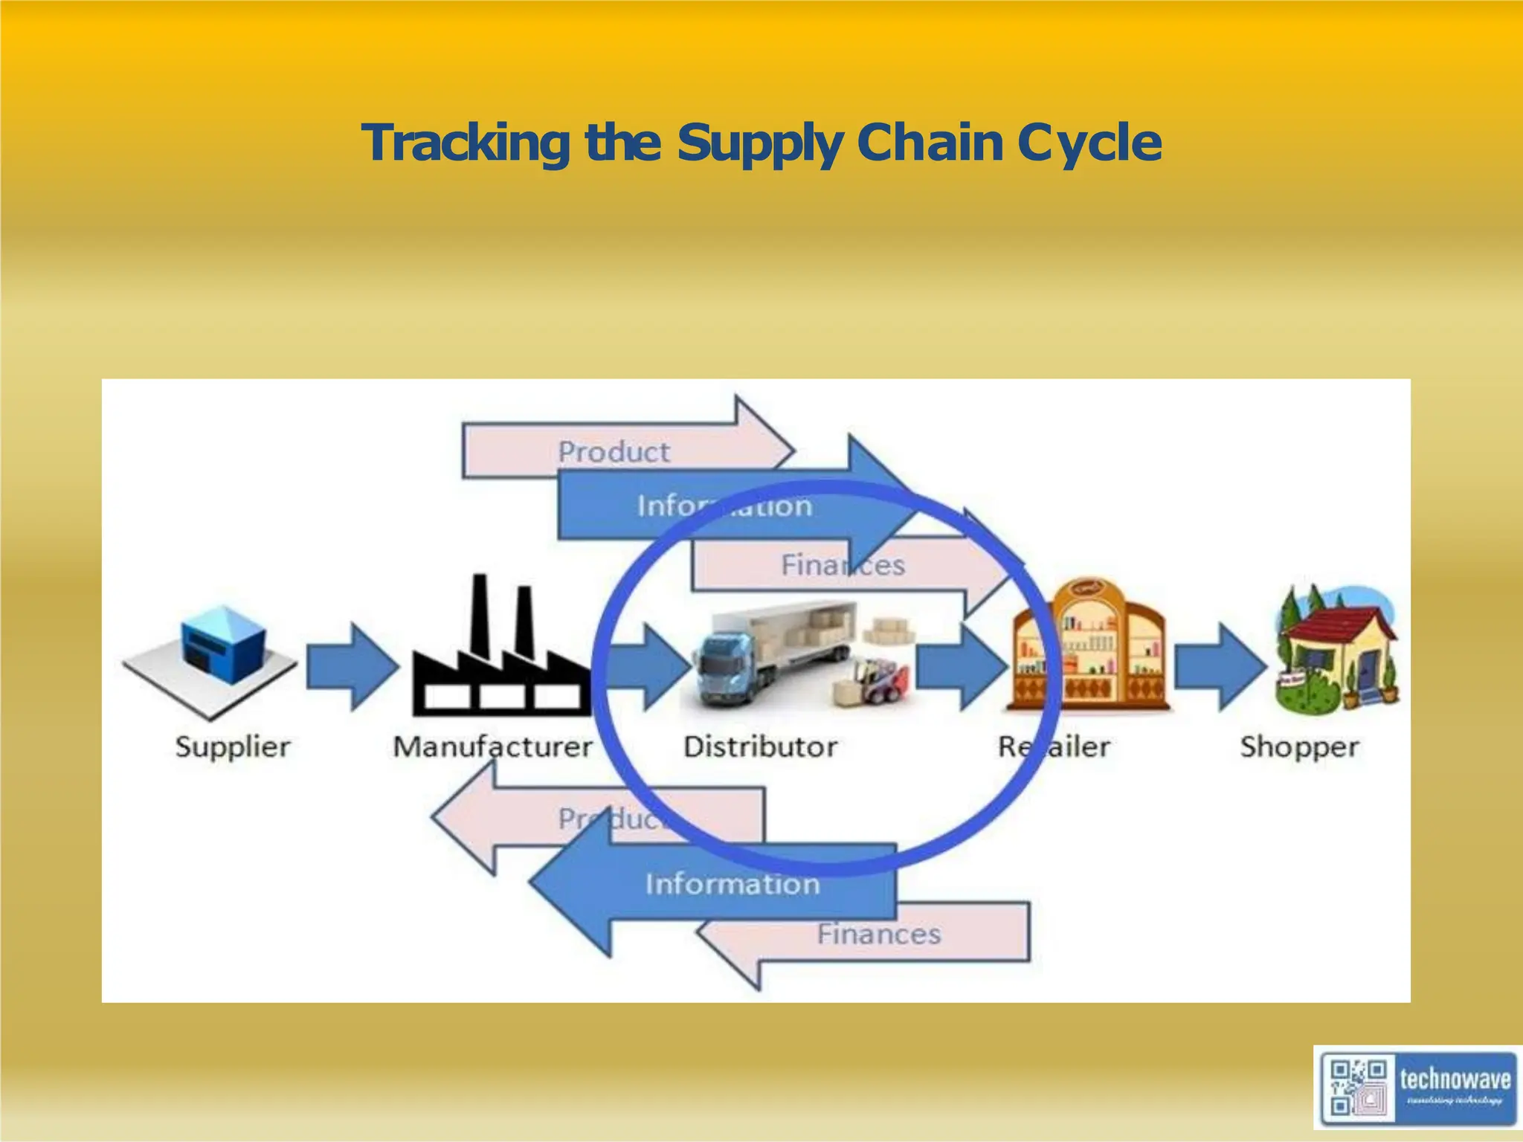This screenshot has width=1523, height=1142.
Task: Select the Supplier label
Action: [233, 746]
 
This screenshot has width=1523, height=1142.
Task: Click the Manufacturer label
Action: [492, 746]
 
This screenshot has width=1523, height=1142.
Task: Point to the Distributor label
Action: [760, 746]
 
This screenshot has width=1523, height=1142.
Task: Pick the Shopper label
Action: [1299, 746]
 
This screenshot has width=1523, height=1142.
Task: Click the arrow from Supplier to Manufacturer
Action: [350, 666]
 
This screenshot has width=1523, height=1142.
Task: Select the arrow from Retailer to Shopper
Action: [1220, 666]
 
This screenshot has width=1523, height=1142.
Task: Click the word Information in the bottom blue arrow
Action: [732, 884]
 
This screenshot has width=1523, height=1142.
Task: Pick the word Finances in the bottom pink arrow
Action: [878, 934]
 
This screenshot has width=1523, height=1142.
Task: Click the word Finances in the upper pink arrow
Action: [843, 565]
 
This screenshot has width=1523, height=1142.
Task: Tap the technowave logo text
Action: [1455, 1079]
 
